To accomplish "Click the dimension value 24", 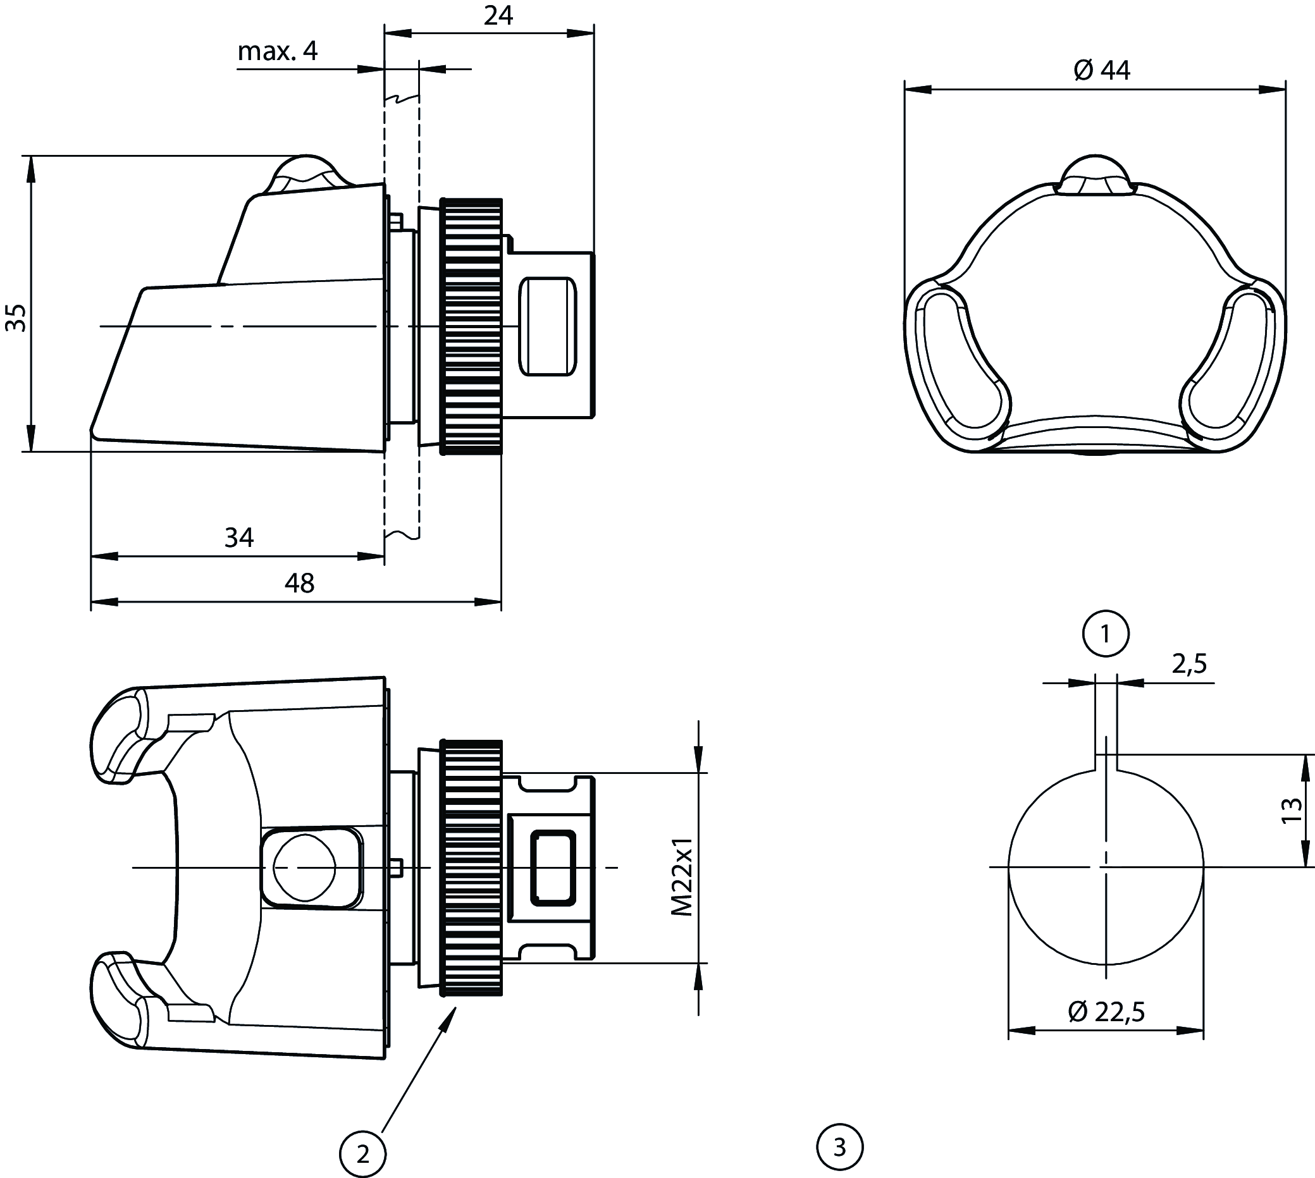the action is (x=498, y=15).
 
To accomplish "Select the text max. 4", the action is (x=278, y=51).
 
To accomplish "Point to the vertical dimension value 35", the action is (x=16, y=317).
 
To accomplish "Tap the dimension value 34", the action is (x=239, y=537).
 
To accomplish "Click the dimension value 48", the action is (x=299, y=583).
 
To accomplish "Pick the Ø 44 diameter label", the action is (x=1102, y=71).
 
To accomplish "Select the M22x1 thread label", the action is (x=682, y=877).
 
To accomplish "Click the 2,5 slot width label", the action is (x=1189, y=664).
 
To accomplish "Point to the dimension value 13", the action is (x=1291, y=810).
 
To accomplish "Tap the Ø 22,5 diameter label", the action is (x=1106, y=1011).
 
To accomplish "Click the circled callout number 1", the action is (x=1106, y=634).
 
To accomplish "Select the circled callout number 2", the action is (x=363, y=1154).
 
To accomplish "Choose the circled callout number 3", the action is (x=841, y=1148).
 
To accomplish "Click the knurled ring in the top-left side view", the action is (x=471, y=326).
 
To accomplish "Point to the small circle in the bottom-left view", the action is (x=304, y=868).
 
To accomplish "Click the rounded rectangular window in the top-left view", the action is (x=547, y=326).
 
